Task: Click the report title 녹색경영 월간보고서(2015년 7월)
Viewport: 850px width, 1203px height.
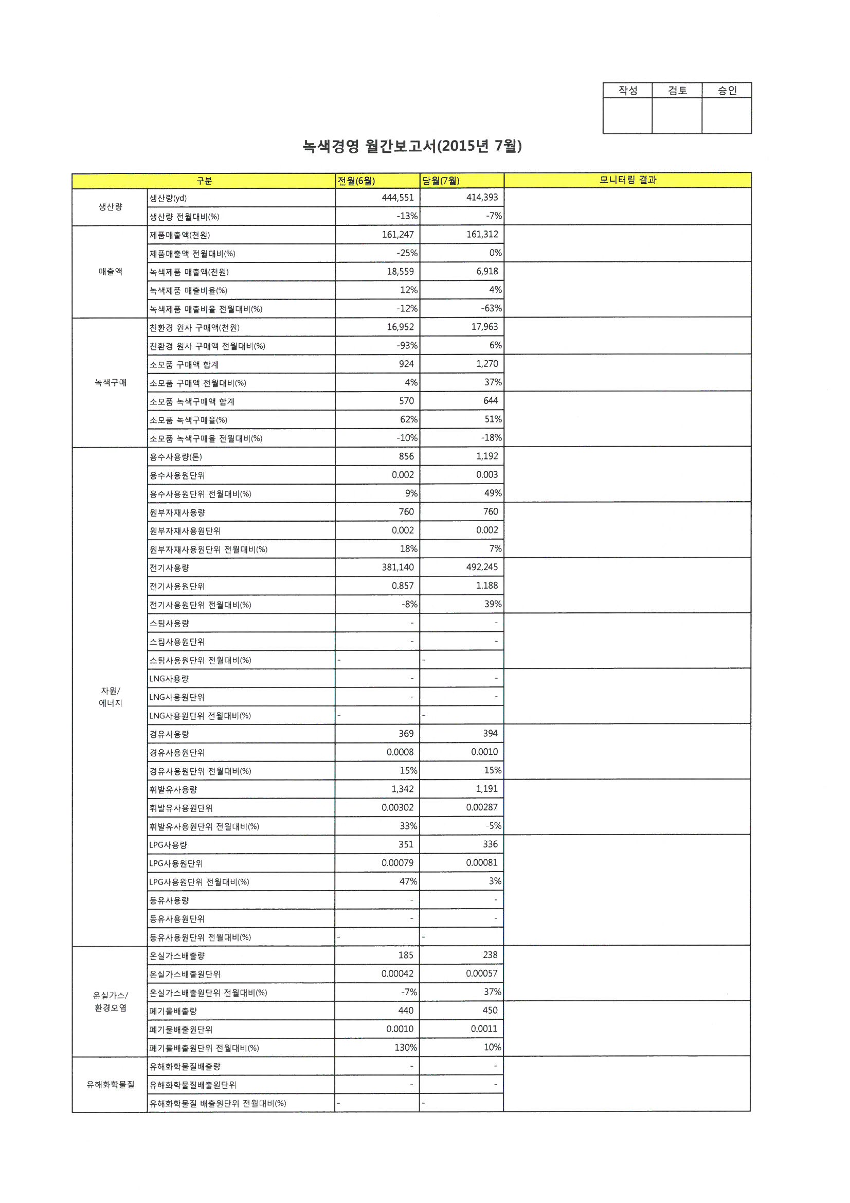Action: (x=412, y=146)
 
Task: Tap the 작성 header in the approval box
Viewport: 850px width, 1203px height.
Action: (x=627, y=91)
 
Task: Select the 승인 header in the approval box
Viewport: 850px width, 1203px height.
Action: (x=727, y=91)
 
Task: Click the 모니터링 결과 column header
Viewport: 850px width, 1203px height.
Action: (x=627, y=180)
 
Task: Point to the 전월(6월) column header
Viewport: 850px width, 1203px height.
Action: (x=356, y=181)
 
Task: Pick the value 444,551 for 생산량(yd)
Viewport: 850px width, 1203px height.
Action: (x=397, y=198)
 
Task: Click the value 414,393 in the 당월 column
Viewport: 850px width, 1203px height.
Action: (x=482, y=198)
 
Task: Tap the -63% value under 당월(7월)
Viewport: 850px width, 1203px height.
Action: (x=491, y=309)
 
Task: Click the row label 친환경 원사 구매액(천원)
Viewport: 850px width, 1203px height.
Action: (x=194, y=328)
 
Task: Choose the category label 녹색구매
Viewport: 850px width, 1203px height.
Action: (x=111, y=383)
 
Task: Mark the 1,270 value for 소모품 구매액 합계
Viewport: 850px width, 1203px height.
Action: (x=487, y=364)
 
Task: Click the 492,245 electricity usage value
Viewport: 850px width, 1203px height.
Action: (x=482, y=567)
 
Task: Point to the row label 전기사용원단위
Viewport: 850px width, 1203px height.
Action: (x=177, y=586)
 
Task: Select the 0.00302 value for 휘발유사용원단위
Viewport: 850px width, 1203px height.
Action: (x=397, y=807)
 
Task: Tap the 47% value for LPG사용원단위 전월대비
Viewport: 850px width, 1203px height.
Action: (x=408, y=881)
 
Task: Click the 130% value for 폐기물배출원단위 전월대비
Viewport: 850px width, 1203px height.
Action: (x=405, y=1048)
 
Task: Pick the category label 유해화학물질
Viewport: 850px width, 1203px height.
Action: (x=111, y=1085)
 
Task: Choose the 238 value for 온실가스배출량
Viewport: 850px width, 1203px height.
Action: (x=490, y=955)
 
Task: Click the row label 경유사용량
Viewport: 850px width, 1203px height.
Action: (x=169, y=734)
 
